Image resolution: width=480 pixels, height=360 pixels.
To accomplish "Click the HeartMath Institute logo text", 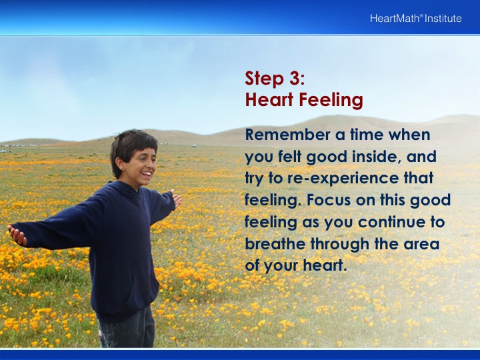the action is click(416, 19).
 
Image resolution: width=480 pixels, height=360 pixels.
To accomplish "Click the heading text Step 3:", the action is click(275, 78).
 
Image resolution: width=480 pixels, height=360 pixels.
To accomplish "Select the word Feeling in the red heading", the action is click(331, 99).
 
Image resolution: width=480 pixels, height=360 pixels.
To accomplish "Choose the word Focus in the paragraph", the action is click(329, 200).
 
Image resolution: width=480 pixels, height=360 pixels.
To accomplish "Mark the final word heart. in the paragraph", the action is click(325, 265).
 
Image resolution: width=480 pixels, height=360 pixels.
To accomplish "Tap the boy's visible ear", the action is click(121, 165).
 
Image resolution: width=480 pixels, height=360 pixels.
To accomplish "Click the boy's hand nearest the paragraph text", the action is click(177, 199).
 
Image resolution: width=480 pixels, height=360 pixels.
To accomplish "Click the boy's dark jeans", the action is click(127, 328).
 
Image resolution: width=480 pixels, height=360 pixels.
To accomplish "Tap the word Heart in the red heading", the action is click(269, 99).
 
